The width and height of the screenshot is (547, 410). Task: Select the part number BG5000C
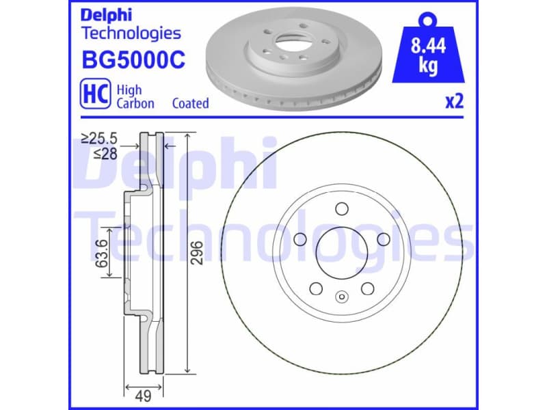coord(133,60)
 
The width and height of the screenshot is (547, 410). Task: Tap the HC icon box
coord(95,95)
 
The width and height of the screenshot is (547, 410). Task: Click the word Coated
coord(190,103)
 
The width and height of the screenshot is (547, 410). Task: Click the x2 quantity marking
coord(454,102)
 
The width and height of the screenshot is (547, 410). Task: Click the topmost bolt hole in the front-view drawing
coord(341,208)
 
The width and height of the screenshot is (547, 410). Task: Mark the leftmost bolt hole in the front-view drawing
coord(299,238)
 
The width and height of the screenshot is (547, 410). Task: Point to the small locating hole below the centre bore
coord(341,297)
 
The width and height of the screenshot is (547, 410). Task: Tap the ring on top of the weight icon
coord(429,17)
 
